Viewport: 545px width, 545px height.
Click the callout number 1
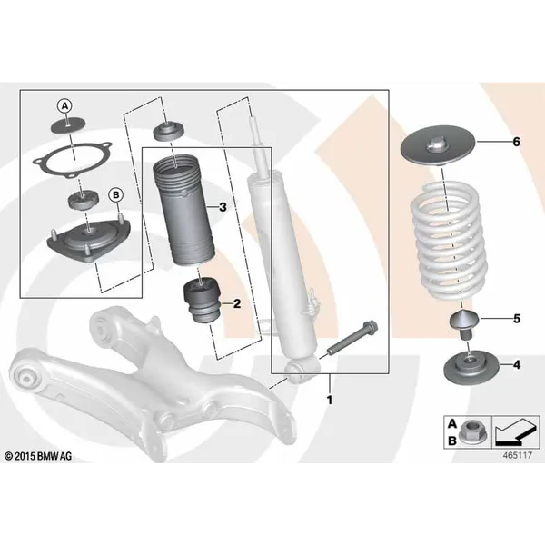tap(330, 400)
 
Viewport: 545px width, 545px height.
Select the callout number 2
tap(237, 303)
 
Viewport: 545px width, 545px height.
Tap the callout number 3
tap(223, 207)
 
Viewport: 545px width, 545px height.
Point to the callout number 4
tap(517, 365)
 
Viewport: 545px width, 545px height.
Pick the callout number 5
tap(517, 319)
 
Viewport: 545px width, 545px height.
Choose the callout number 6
tap(517, 142)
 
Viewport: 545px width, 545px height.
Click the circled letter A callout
tap(65, 106)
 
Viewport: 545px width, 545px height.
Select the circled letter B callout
tap(115, 195)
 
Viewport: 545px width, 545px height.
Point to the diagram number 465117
tap(517, 455)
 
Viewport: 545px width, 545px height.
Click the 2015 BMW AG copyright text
tap(38, 456)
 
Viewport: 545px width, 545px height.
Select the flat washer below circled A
tap(68, 125)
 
